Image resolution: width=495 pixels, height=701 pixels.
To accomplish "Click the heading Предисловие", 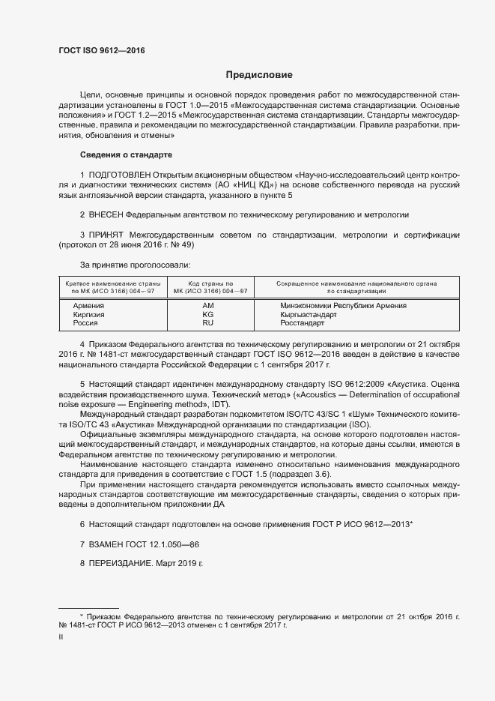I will point(260,75).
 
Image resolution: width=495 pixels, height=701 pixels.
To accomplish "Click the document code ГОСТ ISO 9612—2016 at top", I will point(102,50).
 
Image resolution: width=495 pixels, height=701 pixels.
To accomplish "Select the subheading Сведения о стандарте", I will point(126,154).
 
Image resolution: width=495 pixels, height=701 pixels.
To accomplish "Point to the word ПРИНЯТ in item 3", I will point(107,235).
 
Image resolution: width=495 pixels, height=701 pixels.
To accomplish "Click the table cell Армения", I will point(88,306).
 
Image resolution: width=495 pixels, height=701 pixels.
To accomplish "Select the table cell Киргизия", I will point(88,315).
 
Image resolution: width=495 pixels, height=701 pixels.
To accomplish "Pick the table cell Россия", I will point(85,324).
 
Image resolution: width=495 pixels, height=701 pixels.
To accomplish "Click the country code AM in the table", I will point(208,306).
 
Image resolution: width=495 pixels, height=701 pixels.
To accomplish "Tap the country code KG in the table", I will point(208,315).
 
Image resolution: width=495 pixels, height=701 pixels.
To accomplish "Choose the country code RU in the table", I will point(208,324).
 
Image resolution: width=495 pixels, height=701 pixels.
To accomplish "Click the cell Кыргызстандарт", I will point(309,315).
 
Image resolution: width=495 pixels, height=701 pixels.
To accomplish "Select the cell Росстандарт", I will point(303,324).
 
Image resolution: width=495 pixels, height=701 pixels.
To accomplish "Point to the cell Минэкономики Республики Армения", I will point(343,306).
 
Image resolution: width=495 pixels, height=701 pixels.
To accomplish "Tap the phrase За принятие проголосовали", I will point(135,265).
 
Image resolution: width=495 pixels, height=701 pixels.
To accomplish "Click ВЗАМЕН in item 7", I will point(109,543).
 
